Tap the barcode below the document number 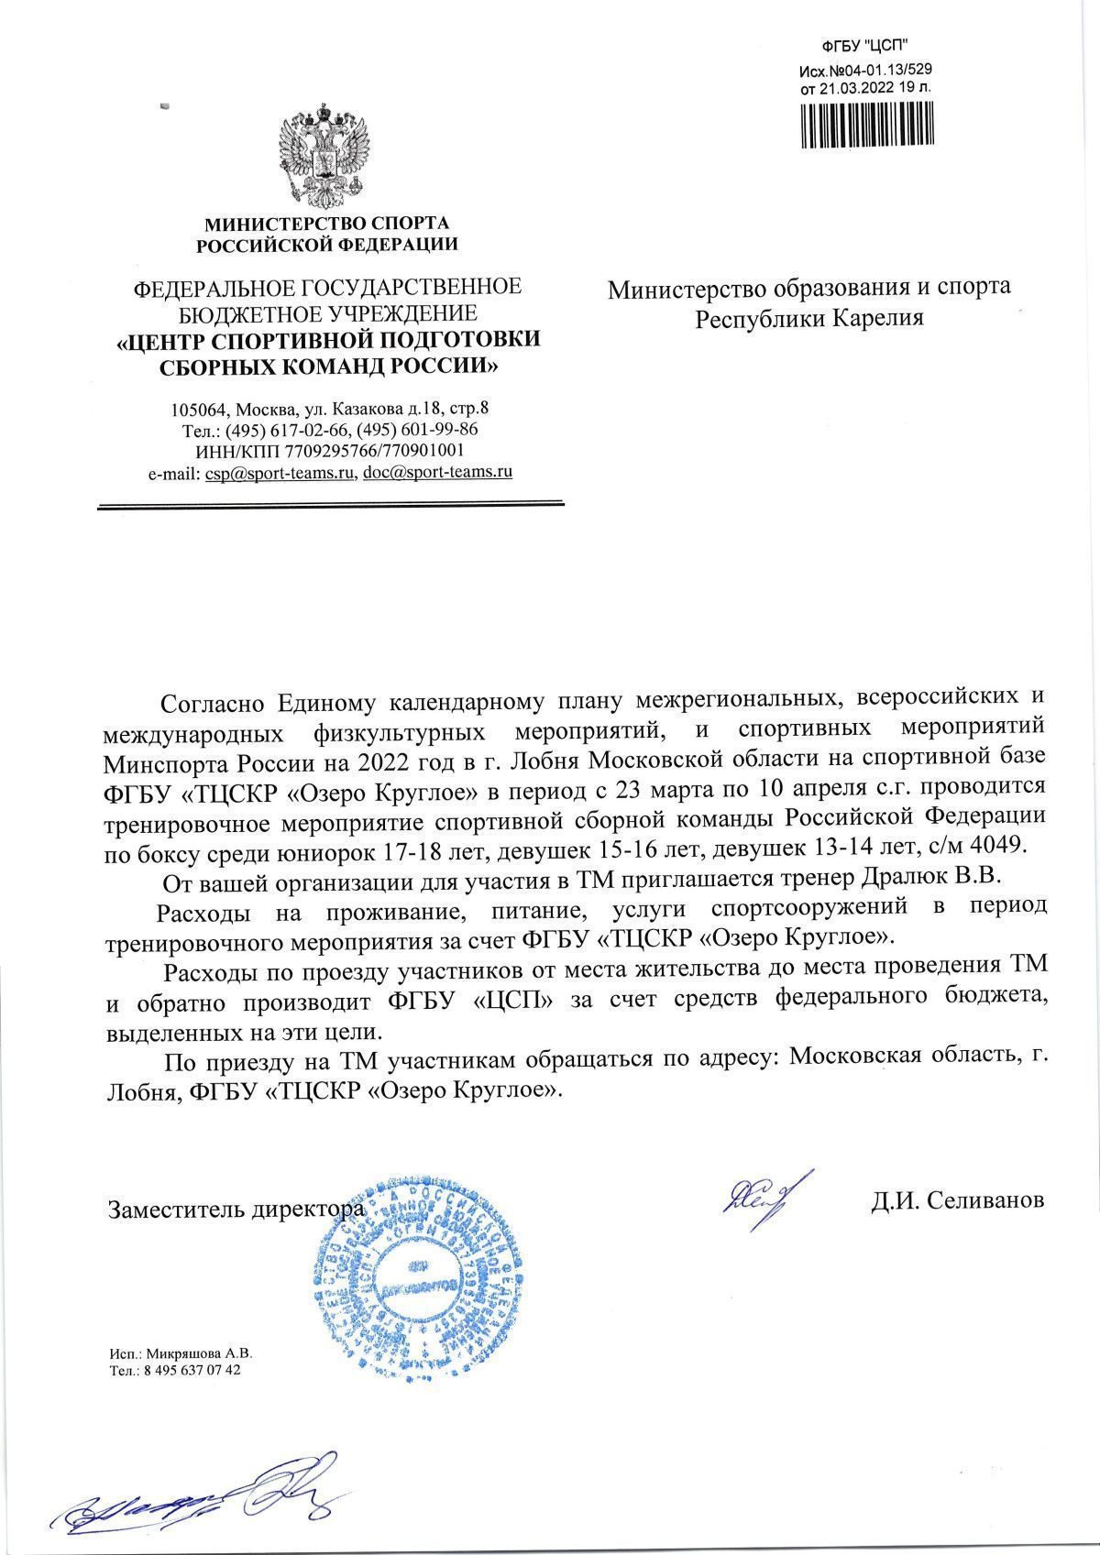pyautogui.click(x=865, y=124)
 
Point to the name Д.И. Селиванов pyautogui.click(x=957, y=1200)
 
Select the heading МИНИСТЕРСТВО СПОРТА pyautogui.click(x=326, y=223)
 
